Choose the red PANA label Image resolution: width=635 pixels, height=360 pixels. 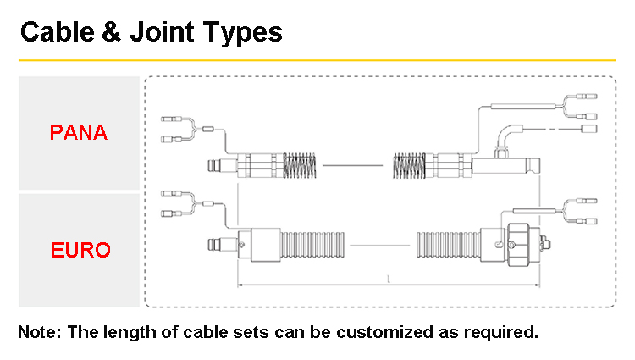tap(78, 133)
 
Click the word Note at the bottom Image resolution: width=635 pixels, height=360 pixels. tap(38, 331)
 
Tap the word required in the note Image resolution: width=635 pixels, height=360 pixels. tap(501, 331)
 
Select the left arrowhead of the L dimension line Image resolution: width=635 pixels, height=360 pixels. tap(240, 285)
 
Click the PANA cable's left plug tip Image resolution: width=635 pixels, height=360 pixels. tap(205, 163)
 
